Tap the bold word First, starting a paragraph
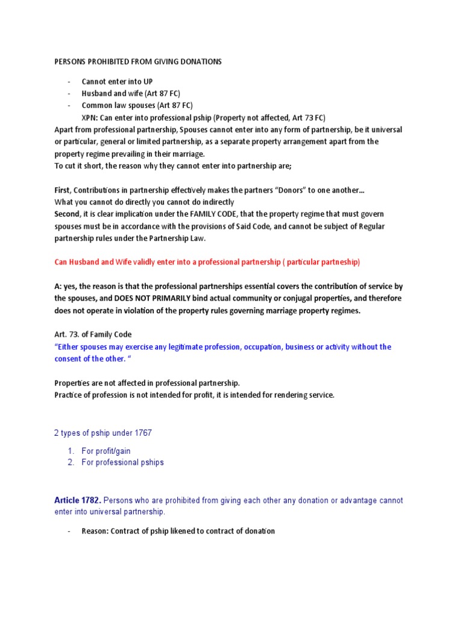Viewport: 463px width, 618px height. coord(65,190)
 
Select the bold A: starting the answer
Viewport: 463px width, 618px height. coord(58,286)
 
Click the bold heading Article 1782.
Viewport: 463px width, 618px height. coord(77,500)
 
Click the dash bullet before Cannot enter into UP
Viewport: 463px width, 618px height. coord(69,81)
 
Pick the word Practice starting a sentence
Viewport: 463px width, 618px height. coord(68,395)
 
